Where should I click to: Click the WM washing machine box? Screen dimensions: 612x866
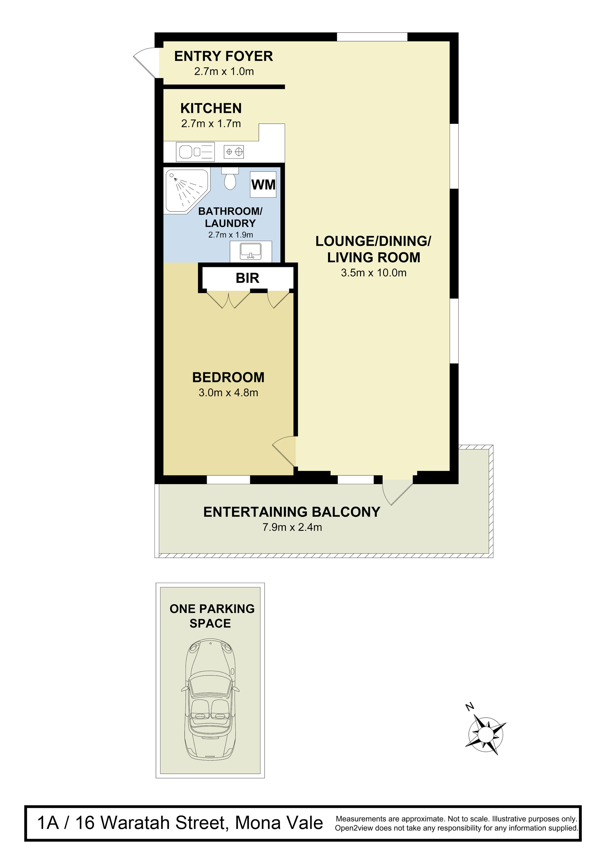[x=263, y=184]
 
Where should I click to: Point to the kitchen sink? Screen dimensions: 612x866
[x=195, y=152]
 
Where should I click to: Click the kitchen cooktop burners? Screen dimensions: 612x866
[x=234, y=152]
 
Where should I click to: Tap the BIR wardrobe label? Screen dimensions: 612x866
[x=247, y=278]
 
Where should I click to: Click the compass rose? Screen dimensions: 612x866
[x=485, y=734]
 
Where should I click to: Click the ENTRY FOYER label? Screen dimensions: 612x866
[x=224, y=56]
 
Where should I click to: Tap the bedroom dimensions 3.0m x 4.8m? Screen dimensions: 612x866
[x=229, y=393]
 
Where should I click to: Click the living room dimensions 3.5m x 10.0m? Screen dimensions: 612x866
[x=374, y=273]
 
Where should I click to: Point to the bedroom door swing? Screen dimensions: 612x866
[x=284, y=451]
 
